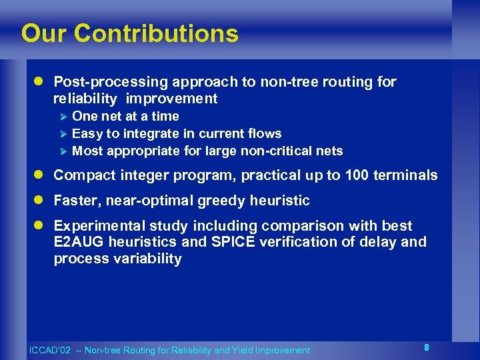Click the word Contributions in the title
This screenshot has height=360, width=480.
(157, 33)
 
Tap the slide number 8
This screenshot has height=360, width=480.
(426, 347)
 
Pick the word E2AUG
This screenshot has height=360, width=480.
(80, 242)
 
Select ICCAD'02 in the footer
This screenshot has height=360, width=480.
(48, 351)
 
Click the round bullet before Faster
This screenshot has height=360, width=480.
(39, 201)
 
